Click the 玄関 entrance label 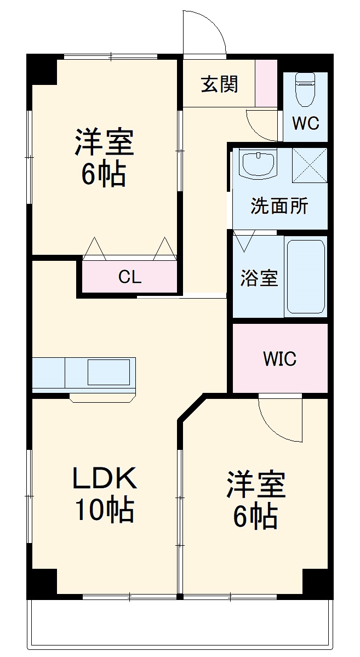pos(219,84)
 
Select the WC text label pos(305,123)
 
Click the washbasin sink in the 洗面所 pos(258,163)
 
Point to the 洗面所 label pos(279,207)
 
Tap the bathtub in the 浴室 pos(305,277)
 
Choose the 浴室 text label pos(259,278)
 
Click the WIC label pos(279,359)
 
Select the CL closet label pos(130,277)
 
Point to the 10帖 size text pos(104,511)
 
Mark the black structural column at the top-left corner pos(42,69)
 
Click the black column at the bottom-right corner pos(317,583)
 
